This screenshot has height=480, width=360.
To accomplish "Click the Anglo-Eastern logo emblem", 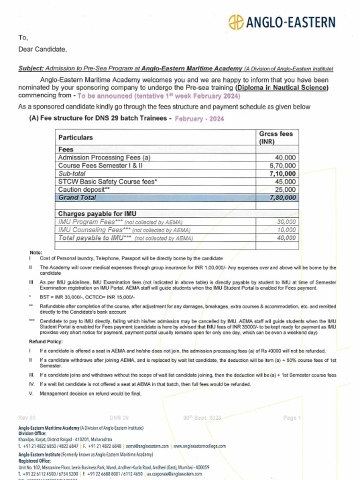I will click(236, 22).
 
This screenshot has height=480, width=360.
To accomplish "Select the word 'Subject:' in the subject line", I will click(31, 68).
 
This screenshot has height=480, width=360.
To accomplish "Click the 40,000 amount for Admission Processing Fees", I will click(285, 157).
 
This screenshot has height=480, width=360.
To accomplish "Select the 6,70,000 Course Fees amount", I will click(283, 165).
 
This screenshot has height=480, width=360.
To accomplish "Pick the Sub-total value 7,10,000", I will click(283, 173).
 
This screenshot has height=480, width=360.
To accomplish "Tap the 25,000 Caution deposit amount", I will click(285, 189).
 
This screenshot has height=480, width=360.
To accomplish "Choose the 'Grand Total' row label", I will click(77, 197).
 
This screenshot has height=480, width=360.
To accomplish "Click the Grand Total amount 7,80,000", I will click(283, 197).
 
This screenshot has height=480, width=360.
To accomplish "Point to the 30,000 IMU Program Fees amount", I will click(286, 222).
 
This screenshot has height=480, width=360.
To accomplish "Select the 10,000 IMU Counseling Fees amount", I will click(286, 230).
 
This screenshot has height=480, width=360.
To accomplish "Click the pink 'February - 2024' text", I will click(199, 119).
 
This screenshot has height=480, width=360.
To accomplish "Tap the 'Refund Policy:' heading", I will click(46, 341).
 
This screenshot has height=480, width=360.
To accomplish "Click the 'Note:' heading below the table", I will click(36, 253).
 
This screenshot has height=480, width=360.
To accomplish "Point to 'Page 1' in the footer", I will click(292, 418).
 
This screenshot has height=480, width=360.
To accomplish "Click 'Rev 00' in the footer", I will click(27, 418).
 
